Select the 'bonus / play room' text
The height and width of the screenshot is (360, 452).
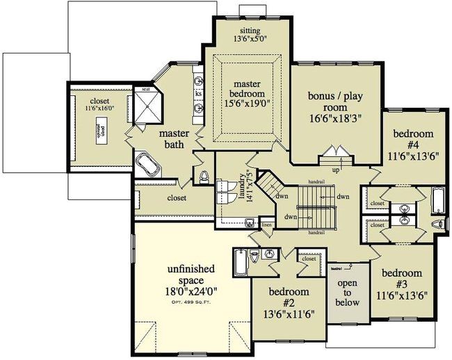click(336, 103)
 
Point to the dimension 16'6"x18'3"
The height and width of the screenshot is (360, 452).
click(336, 119)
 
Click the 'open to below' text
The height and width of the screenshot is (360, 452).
click(347, 293)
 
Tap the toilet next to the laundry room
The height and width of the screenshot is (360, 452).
click(204, 177)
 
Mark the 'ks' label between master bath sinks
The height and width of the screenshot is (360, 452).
click(198, 93)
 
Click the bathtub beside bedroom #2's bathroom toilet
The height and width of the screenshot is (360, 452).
click(240, 263)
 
